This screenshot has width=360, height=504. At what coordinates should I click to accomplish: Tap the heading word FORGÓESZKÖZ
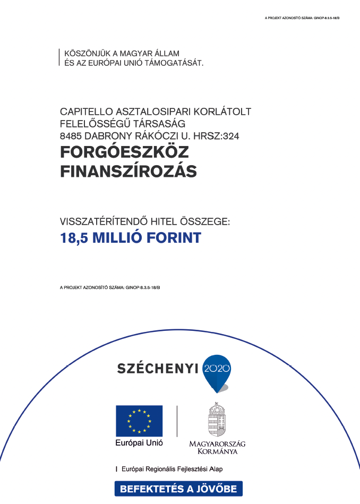(124, 152)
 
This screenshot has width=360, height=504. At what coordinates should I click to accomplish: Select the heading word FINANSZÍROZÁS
(128, 172)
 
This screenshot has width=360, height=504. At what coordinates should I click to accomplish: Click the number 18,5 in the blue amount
(75, 237)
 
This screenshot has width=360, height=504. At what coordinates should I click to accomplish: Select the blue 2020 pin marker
(218, 370)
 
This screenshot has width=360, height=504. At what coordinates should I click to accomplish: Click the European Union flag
(139, 421)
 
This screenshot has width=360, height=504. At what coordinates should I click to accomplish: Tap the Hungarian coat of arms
(217, 419)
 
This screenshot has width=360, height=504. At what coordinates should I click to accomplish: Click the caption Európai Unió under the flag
(139, 442)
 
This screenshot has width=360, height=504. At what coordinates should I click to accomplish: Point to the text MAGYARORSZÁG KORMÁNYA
(217, 447)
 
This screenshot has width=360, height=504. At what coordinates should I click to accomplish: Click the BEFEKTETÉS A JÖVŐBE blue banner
(178, 489)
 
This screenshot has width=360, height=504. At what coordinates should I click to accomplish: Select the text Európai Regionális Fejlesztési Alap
(172, 469)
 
